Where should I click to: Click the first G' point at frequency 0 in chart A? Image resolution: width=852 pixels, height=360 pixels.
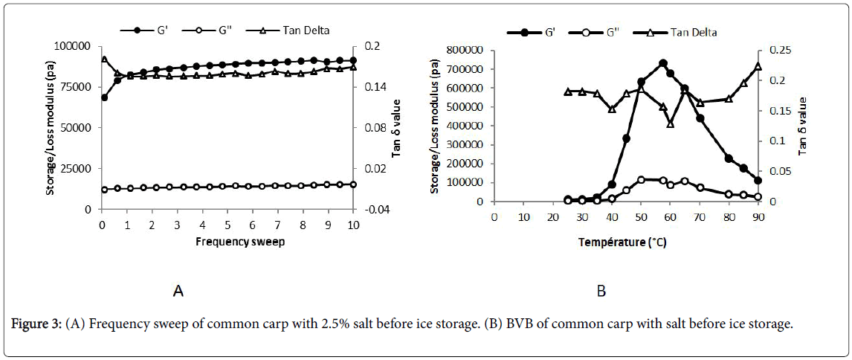pos(105,97)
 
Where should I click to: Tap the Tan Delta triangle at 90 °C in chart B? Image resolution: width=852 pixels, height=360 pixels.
pos(758,66)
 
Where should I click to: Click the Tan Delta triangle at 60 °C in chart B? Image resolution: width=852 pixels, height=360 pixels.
pos(670,123)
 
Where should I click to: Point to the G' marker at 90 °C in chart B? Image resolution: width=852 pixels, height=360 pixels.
pos(758,181)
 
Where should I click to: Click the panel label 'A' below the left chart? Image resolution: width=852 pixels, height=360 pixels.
pos(178,292)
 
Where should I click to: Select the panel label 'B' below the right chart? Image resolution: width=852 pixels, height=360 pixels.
pos(601,292)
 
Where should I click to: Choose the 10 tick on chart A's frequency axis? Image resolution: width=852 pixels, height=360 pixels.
pos(353,225)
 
